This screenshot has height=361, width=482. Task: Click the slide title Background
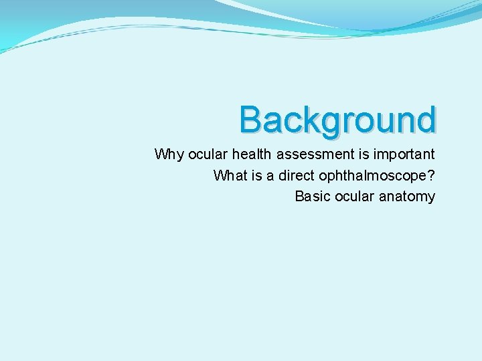point(338,121)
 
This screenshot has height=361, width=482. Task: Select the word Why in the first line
point(169,154)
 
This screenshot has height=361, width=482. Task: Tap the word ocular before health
point(208,154)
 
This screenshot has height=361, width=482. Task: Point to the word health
point(252,154)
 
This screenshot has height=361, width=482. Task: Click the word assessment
point(311,154)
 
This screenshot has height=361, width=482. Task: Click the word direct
point(297,175)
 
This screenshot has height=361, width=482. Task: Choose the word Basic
point(311,197)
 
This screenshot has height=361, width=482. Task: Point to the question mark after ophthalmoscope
point(430,175)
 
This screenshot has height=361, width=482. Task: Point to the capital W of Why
point(161,154)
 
